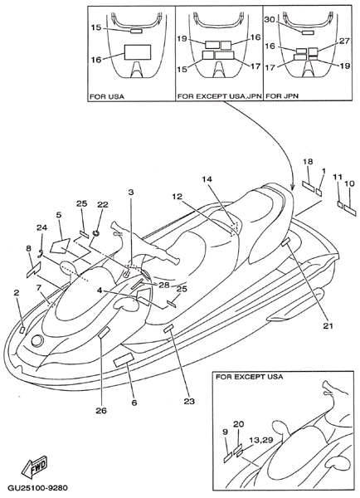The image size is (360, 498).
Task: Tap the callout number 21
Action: pyautogui.click(x=328, y=325)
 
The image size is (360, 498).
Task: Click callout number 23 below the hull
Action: pyautogui.click(x=189, y=401)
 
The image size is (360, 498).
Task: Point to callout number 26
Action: pyautogui.click(x=101, y=411)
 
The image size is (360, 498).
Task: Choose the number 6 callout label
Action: pyautogui.click(x=134, y=403)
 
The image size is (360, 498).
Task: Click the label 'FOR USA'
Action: pyautogui.click(x=107, y=96)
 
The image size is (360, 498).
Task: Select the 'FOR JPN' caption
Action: pyautogui.click(x=282, y=96)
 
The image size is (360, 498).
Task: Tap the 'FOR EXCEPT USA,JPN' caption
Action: pyautogui.click(x=219, y=96)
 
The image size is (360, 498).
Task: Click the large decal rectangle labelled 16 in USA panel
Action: pyautogui.click(x=137, y=52)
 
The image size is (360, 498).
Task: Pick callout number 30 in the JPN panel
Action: pyautogui.click(x=270, y=20)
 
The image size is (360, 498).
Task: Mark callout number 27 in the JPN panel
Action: pyautogui.click(x=344, y=41)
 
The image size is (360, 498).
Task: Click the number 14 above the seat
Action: pyautogui.click(x=207, y=179)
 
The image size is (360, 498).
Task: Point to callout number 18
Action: pyautogui.click(x=308, y=161)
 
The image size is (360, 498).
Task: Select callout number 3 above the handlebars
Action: pyautogui.click(x=131, y=192)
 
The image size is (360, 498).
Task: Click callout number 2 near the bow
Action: pyautogui.click(x=17, y=292)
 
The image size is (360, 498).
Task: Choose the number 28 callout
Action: pyautogui.click(x=164, y=285)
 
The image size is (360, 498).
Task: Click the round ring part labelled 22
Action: pyautogui.click(x=95, y=233)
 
